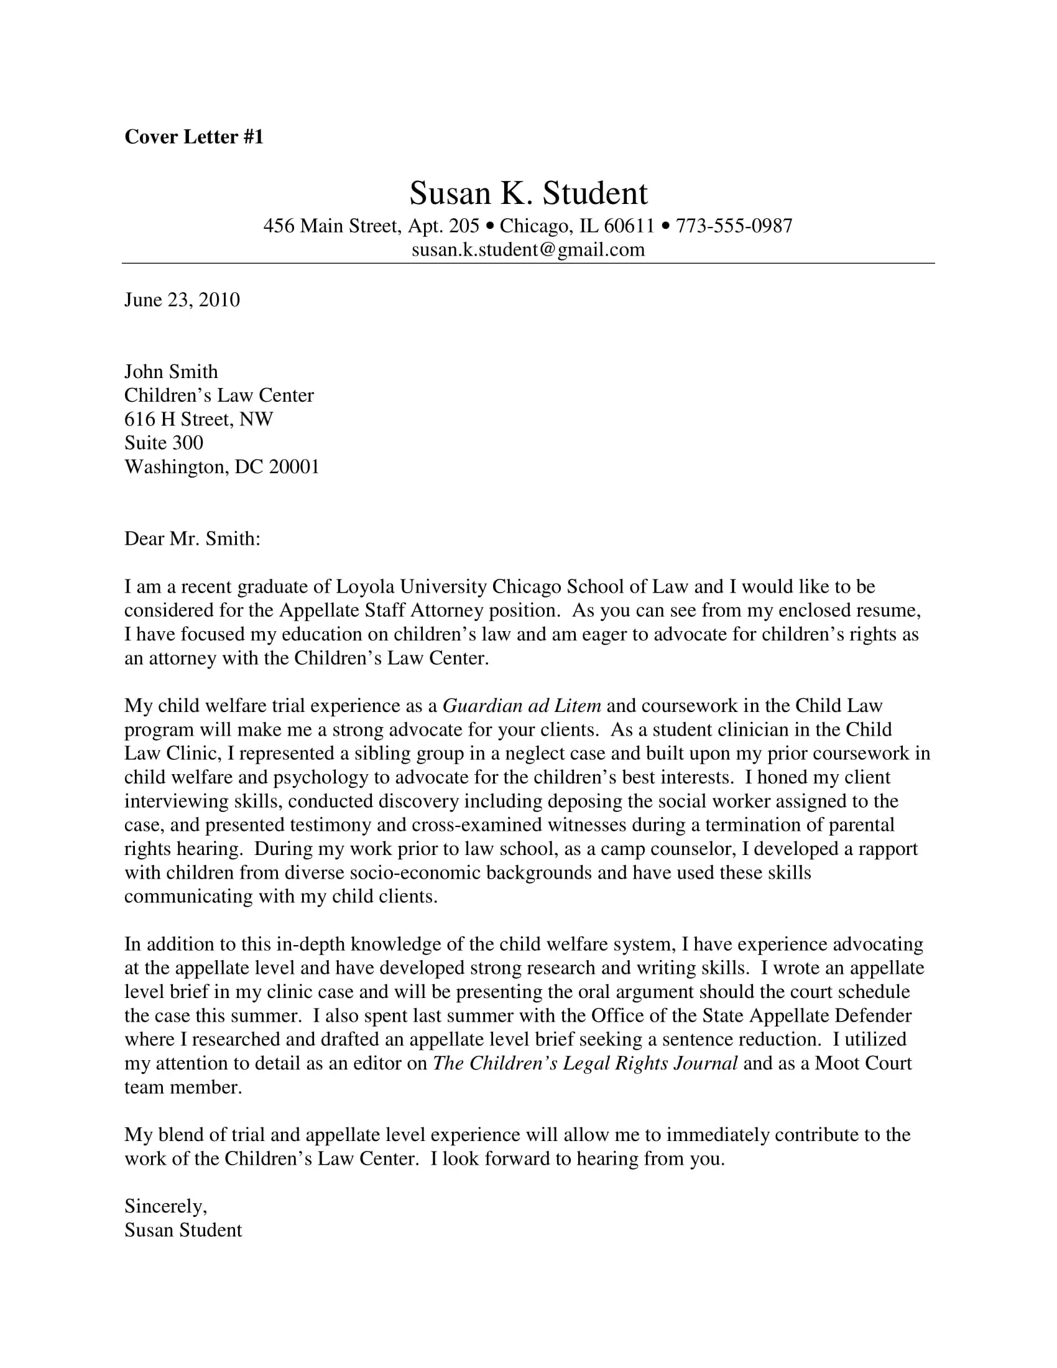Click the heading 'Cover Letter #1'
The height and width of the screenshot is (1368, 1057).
coord(194,137)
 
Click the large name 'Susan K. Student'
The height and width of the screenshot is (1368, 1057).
coord(528,193)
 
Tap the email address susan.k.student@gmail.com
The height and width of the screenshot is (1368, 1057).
coord(528,250)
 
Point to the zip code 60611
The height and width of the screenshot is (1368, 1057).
coord(629,226)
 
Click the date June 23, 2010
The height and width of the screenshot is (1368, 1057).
coord(182,300)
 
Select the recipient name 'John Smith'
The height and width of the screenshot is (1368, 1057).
coord(171,371)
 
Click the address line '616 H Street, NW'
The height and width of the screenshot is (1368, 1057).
coord(198,419)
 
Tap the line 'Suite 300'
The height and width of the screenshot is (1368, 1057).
coord(164,443)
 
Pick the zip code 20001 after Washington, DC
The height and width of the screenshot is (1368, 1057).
coord(293,466)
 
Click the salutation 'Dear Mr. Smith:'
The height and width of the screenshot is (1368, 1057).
coord(192,538)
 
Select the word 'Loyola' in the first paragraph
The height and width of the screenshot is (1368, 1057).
coord(365,587)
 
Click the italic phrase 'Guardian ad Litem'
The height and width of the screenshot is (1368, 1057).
coord(522,706)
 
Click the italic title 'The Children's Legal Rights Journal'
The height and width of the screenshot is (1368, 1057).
coord(585,1063)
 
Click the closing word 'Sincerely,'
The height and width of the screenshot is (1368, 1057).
coord(165,1206)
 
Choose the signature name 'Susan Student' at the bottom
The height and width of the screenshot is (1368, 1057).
coord(183,1230)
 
